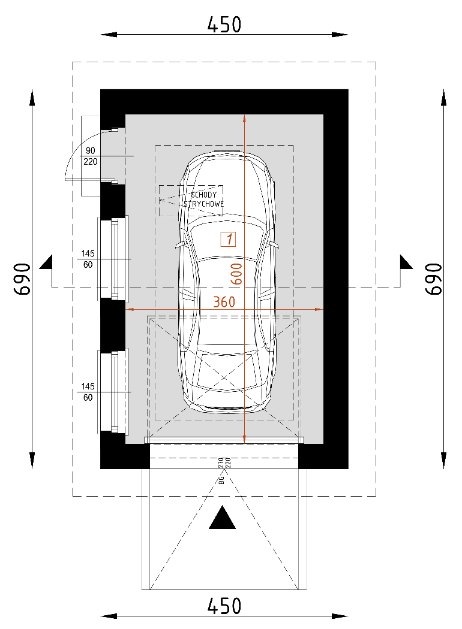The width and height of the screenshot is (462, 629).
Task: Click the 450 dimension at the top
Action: [224, 25]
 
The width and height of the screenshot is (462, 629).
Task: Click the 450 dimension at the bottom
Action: [224, 606]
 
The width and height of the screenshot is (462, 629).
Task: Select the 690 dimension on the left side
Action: [23, 279]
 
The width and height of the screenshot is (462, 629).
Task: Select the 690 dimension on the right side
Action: [433, 279]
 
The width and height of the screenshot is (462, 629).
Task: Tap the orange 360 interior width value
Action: [224, 302]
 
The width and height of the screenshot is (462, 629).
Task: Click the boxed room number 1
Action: [228, 239]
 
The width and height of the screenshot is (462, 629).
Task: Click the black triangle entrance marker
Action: [223, 518]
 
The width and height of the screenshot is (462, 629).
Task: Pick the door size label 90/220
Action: [91, 156]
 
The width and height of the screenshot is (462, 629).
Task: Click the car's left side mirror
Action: [178, 245]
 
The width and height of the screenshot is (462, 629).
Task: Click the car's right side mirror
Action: [275, 245]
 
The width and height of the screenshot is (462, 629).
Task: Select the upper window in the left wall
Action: [113, 258]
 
